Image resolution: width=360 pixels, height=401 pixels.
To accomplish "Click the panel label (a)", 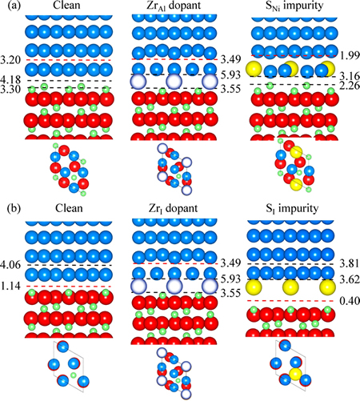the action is (14, 6).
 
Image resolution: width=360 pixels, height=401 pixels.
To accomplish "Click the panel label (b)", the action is (14, 208).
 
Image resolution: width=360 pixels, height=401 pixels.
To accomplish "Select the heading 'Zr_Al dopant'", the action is (174, 6).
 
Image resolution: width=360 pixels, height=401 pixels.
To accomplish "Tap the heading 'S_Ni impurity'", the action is (294, 6).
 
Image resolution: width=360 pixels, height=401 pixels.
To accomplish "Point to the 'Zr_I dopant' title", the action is (174, 208).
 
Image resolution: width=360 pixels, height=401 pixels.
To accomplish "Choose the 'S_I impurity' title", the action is (292, 208).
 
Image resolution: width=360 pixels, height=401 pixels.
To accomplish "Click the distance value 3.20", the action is (10, 60).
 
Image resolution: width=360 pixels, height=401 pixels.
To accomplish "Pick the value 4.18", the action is (10, 80).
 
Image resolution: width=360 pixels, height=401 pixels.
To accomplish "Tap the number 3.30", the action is (10, 90).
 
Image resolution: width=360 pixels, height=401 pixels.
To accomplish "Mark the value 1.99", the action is (349, 56).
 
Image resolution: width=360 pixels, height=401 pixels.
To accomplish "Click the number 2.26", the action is (349, 86).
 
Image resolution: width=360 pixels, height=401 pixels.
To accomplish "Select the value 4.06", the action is (10, 265).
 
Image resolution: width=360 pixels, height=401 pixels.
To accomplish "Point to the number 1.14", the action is (10, 287).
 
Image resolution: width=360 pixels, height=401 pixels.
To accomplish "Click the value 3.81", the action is (350, 263).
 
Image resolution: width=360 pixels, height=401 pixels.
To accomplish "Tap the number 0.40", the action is (350, 301).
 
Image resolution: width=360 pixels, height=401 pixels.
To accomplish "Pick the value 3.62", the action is (350, 280).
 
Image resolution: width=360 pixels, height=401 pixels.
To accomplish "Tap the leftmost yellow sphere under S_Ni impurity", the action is (254, 69).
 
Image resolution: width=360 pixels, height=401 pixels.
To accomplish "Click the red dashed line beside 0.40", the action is (291, 301).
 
